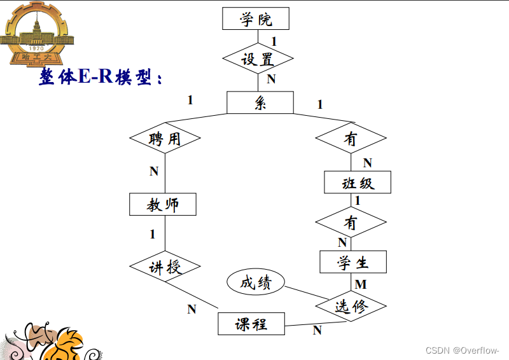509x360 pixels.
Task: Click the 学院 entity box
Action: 256,18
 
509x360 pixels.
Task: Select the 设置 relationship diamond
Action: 258,59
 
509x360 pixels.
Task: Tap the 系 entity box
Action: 260,102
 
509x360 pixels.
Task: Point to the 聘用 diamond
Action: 165,138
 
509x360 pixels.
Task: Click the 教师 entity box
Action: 163,204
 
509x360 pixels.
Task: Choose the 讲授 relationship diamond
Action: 165,267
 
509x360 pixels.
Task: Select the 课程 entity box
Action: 251,324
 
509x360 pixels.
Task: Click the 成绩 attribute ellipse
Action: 256,282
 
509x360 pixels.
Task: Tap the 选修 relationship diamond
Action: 351,307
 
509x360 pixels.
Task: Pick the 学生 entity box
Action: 353,262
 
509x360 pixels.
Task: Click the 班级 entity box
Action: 358,183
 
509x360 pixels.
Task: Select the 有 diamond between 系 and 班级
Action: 351,139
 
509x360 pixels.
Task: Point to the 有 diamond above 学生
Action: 351,223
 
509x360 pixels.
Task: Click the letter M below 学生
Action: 361,284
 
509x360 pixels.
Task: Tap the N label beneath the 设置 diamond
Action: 271,79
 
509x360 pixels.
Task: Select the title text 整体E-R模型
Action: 101,78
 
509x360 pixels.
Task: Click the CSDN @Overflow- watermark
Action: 462,350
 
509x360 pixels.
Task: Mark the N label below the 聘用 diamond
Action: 154,171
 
